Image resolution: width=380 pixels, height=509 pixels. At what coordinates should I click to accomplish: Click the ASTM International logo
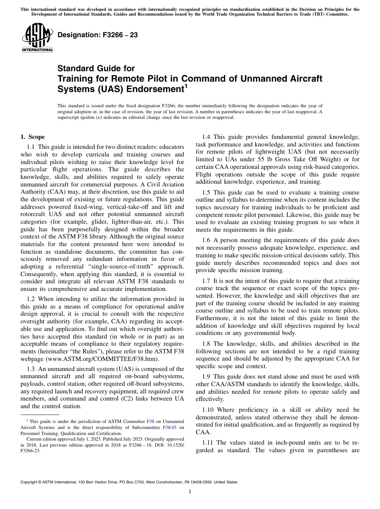[x=37, y=38]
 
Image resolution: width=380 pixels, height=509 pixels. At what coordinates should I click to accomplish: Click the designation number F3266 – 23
[x=98, y=35]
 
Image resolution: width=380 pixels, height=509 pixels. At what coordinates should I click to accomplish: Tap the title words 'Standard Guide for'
[x=96, y=68]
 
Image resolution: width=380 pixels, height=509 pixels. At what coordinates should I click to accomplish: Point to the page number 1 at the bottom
[x=190, y=492]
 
